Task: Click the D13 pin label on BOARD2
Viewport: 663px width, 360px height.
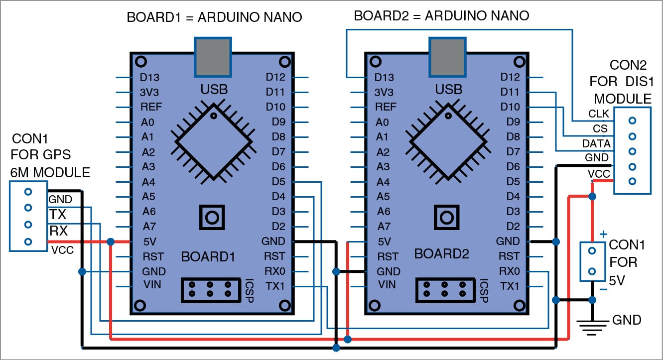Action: pyautogui.click(x=384, y=78)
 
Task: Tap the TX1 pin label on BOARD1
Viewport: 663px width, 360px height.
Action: pyautogui.click(x=274, y=286)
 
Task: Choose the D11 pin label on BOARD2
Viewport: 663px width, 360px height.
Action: pyautogui.click(x=509, y=92)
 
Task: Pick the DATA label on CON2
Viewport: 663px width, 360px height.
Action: pyautogui.click(x=596, y=143)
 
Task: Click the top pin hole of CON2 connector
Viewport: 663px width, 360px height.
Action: pyautogui.click(x=632, y=120)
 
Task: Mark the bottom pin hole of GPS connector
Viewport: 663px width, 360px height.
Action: pyautogui.click(x=28, y=241)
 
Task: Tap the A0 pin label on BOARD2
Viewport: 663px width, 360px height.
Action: pyautogui.click(x=382, y=122)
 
